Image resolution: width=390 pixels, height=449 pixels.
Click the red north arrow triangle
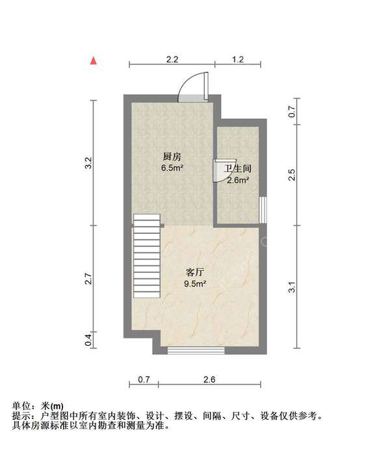pos(94,60)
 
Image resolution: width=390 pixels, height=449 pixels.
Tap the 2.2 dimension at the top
pos(172,59)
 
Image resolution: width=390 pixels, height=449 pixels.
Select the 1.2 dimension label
pos(238,59)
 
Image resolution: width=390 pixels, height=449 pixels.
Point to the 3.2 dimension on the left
pos(88,162)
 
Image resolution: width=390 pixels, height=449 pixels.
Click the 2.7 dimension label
pos(88,279)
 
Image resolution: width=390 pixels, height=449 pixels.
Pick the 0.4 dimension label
pos(88,340)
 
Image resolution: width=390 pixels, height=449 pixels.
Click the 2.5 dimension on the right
pos(291,175)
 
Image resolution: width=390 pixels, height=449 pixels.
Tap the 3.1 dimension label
pos(291,287)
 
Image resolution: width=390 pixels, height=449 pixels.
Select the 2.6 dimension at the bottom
pos(209,379)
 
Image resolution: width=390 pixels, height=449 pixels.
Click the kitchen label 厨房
pos(172,157)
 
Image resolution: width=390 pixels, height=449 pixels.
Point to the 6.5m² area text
pos(172,168)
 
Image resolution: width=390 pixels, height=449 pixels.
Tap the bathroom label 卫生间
pos(238,168)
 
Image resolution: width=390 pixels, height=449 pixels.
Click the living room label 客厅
pos(195,272)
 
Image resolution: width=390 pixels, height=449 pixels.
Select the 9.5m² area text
pos(195,284)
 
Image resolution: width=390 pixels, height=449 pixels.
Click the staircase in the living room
pos(147,256)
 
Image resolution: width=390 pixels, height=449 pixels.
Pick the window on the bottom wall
pos(196,350)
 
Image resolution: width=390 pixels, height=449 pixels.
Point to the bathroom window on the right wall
pos(263,210)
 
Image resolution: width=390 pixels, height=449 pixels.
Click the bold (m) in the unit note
pos(57,406)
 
